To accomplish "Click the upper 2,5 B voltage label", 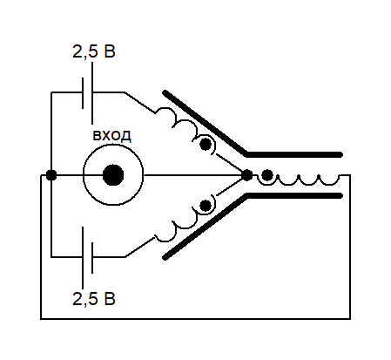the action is tap(94, 51).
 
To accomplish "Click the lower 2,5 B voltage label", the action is tap(94, 299).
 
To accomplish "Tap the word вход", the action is tap(111, 136).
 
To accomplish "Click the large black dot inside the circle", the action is tap(113, 175).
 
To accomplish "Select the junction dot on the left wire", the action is tap(51, 175).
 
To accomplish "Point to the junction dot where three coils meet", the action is tap(247, 175).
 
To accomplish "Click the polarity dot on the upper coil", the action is tap(206, 144).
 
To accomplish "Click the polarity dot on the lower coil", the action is tap(206, 206).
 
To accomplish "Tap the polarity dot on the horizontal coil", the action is tap(267, 175).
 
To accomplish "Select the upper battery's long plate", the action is tap(92, 93).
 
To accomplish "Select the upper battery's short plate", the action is tap(83, 93).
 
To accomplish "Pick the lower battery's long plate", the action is tap(83, 258).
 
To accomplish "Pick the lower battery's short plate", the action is tap(92, 258).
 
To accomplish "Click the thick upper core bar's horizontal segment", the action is tap(294, 154).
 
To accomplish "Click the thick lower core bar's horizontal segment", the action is tap(294, 195).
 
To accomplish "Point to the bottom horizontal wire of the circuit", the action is tap(195, 319).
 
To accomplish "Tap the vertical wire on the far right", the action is tap(350, 247).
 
